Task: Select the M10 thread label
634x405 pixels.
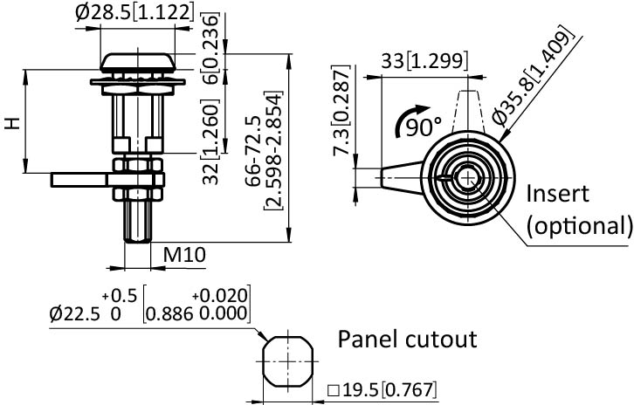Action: pyautogui.click(x=186, y=254)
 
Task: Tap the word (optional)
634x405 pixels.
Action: pyautogui.click(x=579, y=225)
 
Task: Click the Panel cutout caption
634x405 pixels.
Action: pyautogui.click(x=408, y=339)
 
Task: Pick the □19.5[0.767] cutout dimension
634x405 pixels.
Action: pyautogui.click(x=382, y=390)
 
